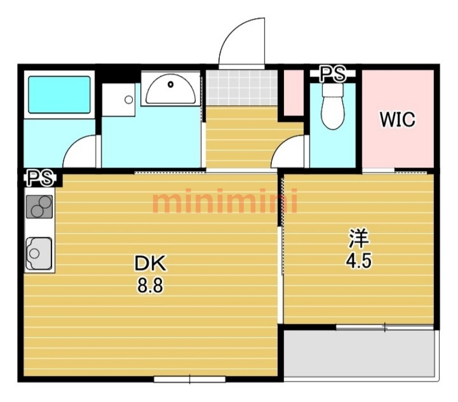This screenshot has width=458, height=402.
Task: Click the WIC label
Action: pos(397,119)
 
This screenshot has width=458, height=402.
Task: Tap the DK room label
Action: pos(150,263)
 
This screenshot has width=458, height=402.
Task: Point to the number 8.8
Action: pos(150,285)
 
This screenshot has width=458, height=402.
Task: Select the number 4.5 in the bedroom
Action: pos(359,261)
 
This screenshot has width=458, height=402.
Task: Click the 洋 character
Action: pos(360,238)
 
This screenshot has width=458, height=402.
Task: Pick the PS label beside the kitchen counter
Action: pos(41,178)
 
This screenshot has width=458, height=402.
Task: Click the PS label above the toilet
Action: pos(333,74)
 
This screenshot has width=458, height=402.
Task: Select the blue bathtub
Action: pos(60,94)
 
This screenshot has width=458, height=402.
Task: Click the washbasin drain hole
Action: pos(171,85)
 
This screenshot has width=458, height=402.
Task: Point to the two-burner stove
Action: pos(40,207)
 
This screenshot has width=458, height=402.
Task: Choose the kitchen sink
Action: pos(39,253)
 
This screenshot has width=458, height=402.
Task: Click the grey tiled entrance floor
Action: pos(242,88)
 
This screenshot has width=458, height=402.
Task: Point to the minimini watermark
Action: pos(225,201)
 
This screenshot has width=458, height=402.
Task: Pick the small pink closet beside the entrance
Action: pos(294,93)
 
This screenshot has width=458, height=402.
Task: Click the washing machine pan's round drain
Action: pos(128,100)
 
